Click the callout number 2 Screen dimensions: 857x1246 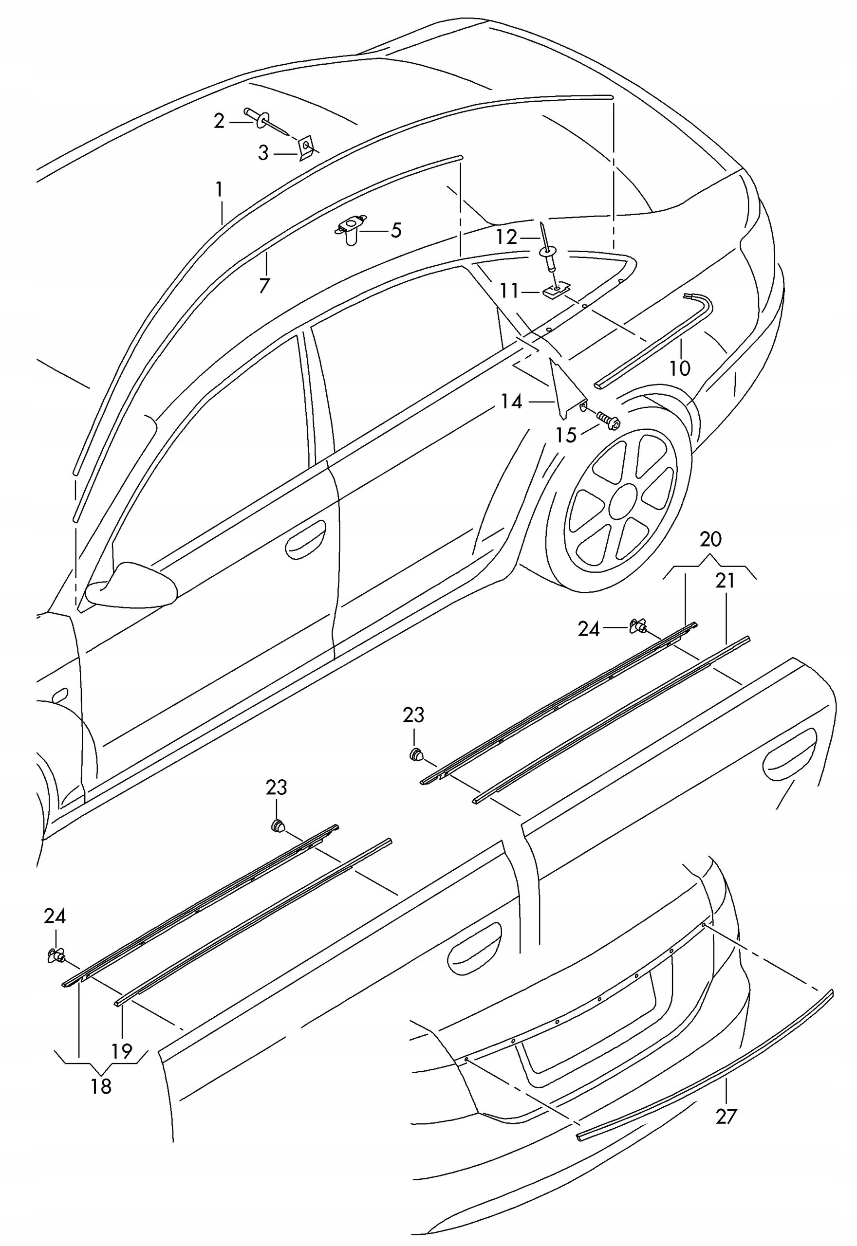click(219, 121)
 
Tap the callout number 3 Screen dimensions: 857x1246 click(263, 153)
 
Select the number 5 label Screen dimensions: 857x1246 click(396, 231)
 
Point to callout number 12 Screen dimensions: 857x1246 click(506, 237)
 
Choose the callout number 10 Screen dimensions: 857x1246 click(680, 368)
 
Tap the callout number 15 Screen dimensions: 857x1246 click(566, 435)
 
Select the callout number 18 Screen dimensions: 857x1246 click(101, 1072)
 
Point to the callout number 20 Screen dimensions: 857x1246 click(710, 539)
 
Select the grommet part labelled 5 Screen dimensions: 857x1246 click(350, 230)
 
